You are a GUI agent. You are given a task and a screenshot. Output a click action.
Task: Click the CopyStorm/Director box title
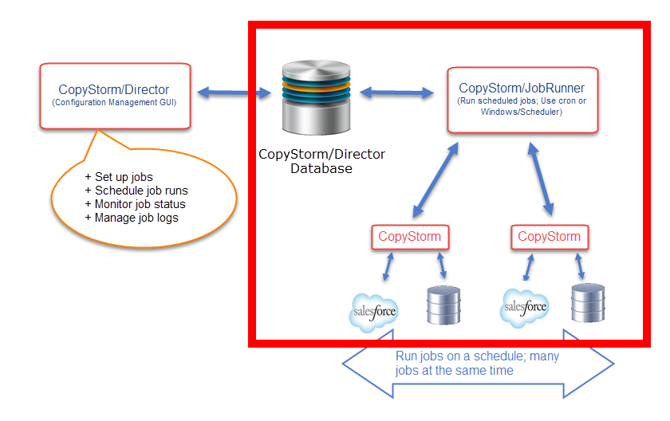coord(114,90)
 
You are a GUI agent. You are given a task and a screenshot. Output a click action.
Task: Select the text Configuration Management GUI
coord(114,103)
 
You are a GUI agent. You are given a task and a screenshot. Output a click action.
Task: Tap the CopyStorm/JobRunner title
coord(522,88)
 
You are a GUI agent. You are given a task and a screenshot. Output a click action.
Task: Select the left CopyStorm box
coord(409,236)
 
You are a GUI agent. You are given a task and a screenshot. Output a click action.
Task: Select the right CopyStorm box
coord(549,236)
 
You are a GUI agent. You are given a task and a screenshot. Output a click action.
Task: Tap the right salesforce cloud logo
coord(524,308)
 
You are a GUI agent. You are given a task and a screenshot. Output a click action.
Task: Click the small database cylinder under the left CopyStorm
coord(444,305)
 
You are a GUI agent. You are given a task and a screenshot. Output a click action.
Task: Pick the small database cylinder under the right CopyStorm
coord(588,301)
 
